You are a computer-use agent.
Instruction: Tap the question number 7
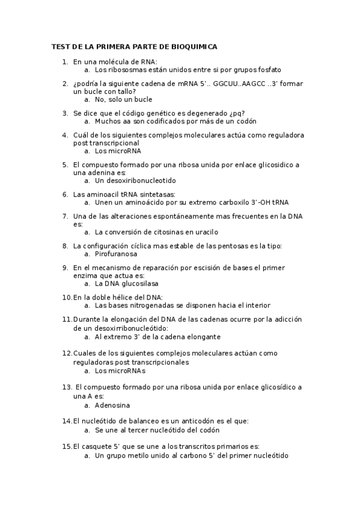(x=65, y=216)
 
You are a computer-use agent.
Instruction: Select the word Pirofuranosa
(x=116, y=254)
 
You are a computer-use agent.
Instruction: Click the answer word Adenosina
(x=114, y=405)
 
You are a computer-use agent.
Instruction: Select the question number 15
(x=67, y=447)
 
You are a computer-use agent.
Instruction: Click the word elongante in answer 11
(x=203, y=337)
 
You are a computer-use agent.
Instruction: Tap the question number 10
(x=67, y=297)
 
